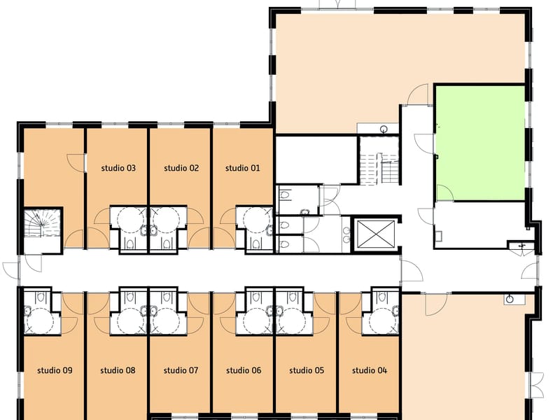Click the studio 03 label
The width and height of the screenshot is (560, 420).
coord(118,168)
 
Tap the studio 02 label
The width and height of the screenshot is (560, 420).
coord(181,168)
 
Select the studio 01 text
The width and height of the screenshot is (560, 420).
coord(242,168)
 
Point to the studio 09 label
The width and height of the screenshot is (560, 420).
coord(55,370)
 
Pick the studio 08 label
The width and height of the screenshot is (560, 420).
coord(118,370)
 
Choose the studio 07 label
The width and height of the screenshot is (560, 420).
coord(181,370)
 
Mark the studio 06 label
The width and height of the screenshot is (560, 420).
coord(244,370)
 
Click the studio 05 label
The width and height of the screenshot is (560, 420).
coord(307,370)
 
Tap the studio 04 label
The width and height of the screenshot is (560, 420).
coord(370,370)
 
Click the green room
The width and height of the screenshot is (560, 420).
coord(480,143)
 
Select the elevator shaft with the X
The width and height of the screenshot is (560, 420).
coord(376,234)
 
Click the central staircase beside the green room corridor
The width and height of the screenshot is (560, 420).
coord(379,160)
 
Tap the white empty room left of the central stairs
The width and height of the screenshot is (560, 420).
coord(316,160)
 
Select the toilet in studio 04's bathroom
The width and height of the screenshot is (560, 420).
coord(381,297)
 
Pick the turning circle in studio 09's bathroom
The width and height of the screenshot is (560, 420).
coord(40,321)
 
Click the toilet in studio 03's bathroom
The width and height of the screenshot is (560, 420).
coord(131,244)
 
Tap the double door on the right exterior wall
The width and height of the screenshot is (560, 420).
coord(536,384)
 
